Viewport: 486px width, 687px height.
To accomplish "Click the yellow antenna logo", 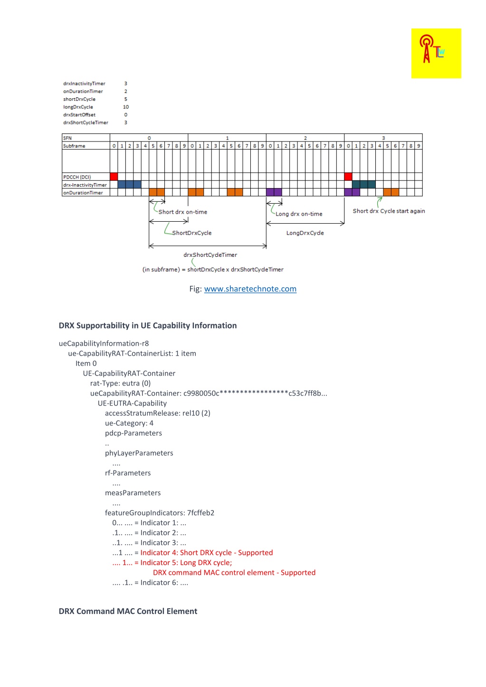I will [436, 53].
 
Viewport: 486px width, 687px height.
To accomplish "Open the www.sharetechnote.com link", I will [250, 289].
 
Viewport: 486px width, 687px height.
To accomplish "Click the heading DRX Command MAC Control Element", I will [128, 611].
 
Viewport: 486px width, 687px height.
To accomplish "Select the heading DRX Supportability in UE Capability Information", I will [147, 325].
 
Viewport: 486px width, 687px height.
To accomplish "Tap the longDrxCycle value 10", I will [126, 107].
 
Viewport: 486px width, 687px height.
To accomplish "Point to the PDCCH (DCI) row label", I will [77, 177].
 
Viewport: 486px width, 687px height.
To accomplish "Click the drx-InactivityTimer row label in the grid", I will [85, 185].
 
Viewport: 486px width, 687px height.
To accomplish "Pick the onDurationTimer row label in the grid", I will [83, 193].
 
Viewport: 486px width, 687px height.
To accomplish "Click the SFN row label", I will [67, 138].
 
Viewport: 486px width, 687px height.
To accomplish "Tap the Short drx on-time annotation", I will [182, 212].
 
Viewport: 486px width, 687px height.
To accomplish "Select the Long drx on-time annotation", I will [299, 214].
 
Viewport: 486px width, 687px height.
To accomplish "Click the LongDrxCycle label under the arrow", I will [305, 233].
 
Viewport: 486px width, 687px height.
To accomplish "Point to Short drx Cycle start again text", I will [389, 211].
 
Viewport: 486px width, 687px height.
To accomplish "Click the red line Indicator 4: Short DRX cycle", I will [206, 553].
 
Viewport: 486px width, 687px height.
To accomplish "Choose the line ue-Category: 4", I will [129, 423].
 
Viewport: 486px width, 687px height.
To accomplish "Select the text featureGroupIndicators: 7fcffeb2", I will [159, 513].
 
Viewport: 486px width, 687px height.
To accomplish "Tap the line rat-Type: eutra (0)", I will [120, 383].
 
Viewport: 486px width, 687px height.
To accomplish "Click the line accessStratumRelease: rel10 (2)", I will [157, 413].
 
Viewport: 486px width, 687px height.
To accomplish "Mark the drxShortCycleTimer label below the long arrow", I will [210, 254].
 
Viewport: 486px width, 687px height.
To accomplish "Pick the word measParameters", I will [133, 493].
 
